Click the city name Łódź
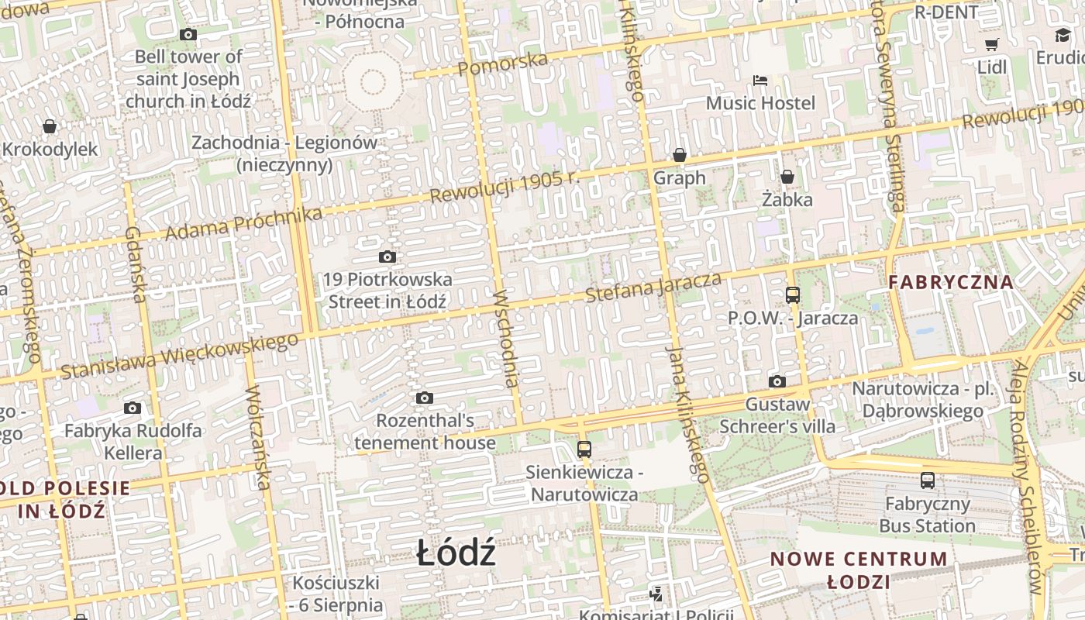point(456,553)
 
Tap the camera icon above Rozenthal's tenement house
point(424,398)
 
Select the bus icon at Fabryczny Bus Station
point(928,480)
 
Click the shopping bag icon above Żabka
point(787,177)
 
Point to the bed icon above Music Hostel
point(760,81)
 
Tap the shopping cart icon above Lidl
point(991,44)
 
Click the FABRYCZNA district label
point(951,282)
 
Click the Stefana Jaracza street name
point(653,288)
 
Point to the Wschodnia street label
point(505,338)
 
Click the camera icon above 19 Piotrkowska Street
point(387,257)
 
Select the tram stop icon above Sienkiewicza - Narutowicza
point(584,449)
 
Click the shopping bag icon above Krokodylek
point(50,126)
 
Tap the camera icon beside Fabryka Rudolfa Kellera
point(133,408)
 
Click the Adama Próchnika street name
point(243,224)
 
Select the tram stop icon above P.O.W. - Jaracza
point(792,295)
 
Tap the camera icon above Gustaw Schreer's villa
point(777,381)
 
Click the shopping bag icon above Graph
point(680,156)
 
